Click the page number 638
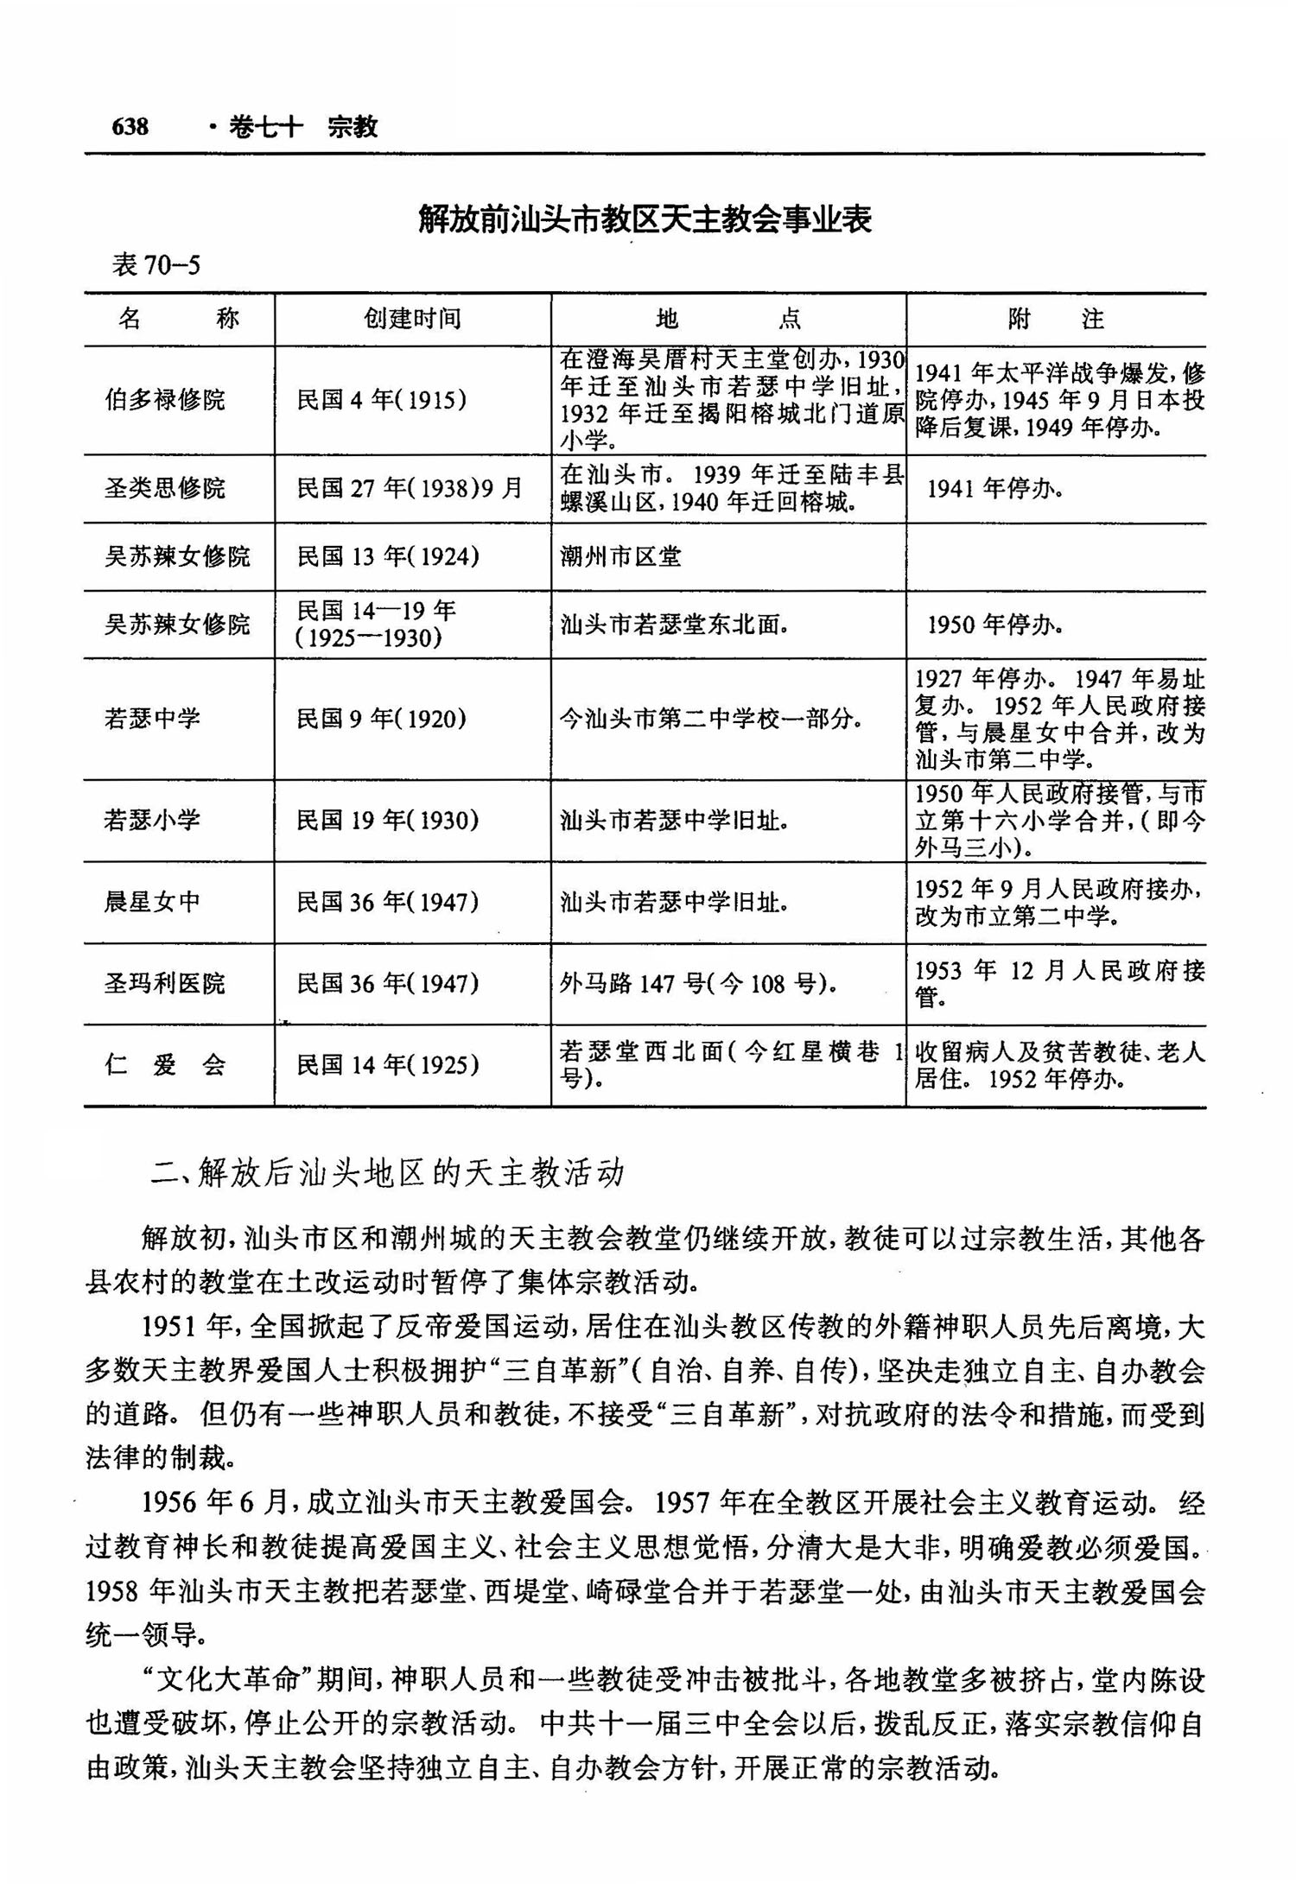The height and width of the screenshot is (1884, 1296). (130, 127)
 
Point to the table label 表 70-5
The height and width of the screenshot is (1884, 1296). (156, 265)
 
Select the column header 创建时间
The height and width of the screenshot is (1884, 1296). (412, 319)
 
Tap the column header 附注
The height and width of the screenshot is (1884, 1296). (1055, 320)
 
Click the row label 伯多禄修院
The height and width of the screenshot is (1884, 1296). (165, 400)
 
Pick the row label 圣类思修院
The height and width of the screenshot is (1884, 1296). (165, 488)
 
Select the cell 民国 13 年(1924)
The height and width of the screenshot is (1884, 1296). (388, 556)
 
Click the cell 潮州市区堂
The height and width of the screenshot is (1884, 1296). (620, 556)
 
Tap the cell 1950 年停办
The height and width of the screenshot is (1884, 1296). (994, 625)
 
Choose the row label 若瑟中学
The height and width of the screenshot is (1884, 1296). (153, 718)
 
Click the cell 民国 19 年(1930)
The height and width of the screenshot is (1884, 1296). (388, 820)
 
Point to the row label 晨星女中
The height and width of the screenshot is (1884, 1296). (153, 902)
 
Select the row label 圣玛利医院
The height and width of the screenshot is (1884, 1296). (165, 983)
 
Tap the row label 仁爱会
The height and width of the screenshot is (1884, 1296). (165, 1064)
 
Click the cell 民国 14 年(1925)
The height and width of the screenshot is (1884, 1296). (388, 1064)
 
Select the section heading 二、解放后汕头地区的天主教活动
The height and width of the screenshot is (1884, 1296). (387, 1173)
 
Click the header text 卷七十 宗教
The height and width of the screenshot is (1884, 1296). (302, 127)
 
